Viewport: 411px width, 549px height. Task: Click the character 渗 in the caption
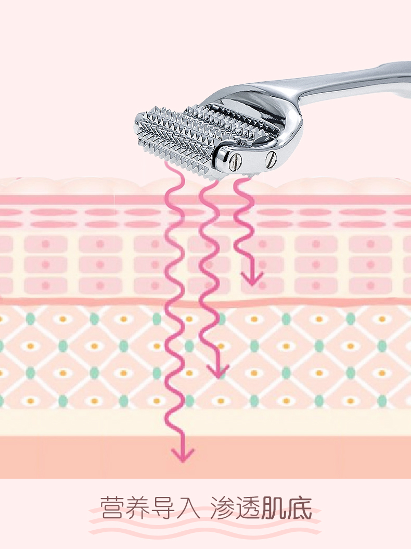pos(223,507)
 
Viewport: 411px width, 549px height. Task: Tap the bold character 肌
pos(274,507)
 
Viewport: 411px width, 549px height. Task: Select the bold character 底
pos(299,507)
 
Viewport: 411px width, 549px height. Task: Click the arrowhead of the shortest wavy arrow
pos(252,279)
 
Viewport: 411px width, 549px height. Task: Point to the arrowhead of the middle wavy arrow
pos(218,371)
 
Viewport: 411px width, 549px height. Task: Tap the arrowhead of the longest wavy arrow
pos(183,454)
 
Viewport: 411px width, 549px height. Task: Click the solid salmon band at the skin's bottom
pos(205,457)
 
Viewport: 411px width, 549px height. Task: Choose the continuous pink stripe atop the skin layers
pos(205,200)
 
